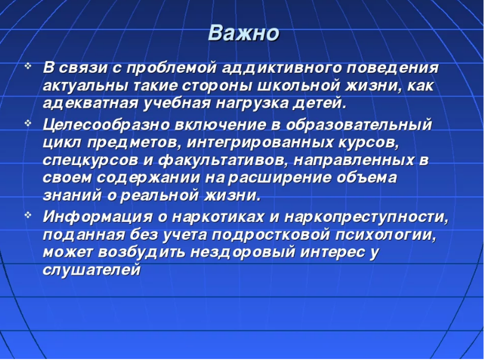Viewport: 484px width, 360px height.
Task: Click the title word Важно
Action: click(243, 33)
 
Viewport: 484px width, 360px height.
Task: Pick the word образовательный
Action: click(359, 125)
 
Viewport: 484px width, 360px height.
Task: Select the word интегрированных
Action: click(260, 143)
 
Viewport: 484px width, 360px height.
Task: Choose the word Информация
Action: click(97, 217)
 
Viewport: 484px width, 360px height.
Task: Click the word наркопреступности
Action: click(365, 217)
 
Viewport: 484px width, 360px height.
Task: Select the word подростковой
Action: click(271, 235)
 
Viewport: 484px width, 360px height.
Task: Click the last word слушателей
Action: click(91, 270)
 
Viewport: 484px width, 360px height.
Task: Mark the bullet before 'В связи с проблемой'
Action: click(28, 66)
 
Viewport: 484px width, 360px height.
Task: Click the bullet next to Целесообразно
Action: click(28, 124)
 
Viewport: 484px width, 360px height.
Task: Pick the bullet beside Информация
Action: click(28, 215)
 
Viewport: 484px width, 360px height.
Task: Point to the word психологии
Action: click(386, 235)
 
